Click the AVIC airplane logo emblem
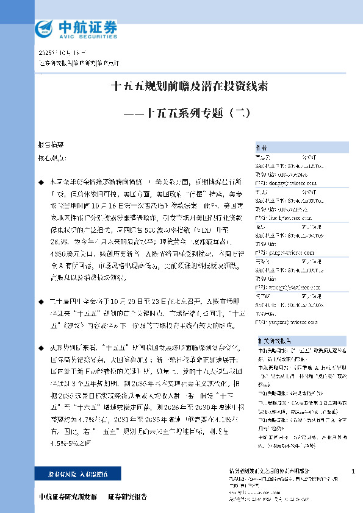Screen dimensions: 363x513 click(46, 27)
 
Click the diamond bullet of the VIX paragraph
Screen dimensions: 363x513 click(41, 182)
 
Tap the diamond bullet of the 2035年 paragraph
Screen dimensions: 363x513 click(41, 345)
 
